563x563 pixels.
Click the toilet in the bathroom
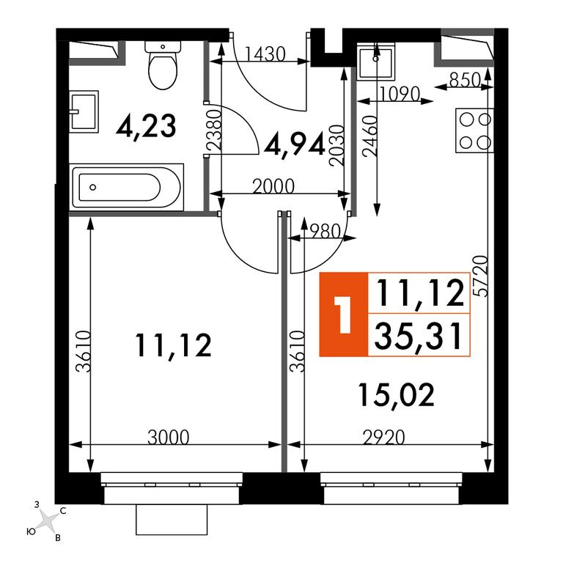pyautogui.click(x=163, y=65)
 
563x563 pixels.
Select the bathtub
pyautogui.click(x=128, y=187)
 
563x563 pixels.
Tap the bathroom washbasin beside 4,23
pyautogui.click(x=84, y=111)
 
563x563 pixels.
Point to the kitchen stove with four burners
pyautogui.click(x=475, y=130)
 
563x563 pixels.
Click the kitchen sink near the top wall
pyautogui.click(x=375, y=61)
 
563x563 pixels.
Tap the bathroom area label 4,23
pyautogui.click(x=146, y=126)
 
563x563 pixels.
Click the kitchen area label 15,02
pyautogui.click(x=396, y=394)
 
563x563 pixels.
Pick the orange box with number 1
pyautogui.click(x=344, y=314)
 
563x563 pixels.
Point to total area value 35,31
pyautogui.click(x=419, y=336)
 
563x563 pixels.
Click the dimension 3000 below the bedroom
pyautogui.click(x=169, y=438)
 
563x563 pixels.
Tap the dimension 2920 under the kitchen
pyautogui.click(x=384, y=438)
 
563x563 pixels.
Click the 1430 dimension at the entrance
pyautogui.click(x=265, y=54)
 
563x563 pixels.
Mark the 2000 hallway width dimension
pyautogui.click(x=273, y=186)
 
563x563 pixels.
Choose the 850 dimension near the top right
pyautogui.click(x=465, y=80)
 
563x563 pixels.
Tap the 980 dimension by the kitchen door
pyautogui.click(x=325, y=232)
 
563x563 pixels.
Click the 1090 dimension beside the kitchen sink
pyautogui.click(x=400, y=94)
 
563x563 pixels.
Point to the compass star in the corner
pyautogui.click(x=48, y=521)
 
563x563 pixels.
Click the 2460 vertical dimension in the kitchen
pyautogui.click(x=370, y=136)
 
